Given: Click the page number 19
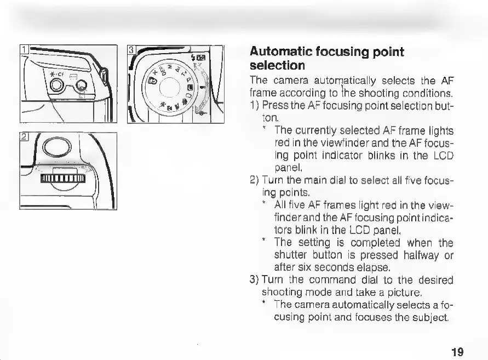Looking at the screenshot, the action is (x=458, y=351).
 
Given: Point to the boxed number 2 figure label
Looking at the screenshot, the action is (x=24, y=137).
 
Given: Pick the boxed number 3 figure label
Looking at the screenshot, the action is (x=131, y=49).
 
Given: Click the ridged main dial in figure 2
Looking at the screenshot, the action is (x=61, y=178).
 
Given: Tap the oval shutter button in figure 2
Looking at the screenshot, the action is (x=53, y=147).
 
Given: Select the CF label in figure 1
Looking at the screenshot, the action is (x=60, y=74).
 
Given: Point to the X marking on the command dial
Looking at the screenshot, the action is (x=155, y=72).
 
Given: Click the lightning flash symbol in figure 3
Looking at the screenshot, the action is (x=193, y=58).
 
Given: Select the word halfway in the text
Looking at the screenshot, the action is (x=422, y=255).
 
